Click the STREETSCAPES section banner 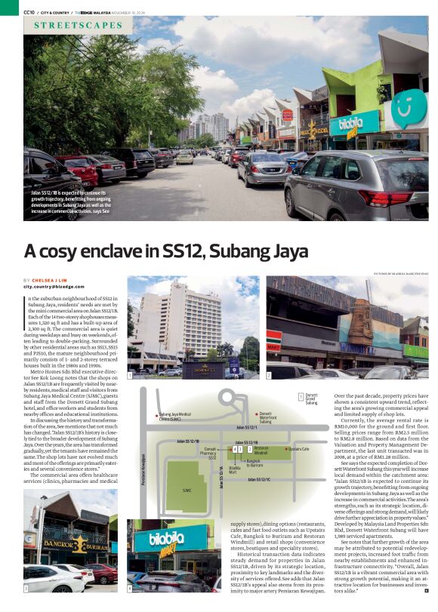pos(78,25)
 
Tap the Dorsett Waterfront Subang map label pos(268,417)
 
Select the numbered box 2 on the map pos(249,449)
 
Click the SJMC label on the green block pos(187,488)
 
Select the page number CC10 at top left pos(29,11)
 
